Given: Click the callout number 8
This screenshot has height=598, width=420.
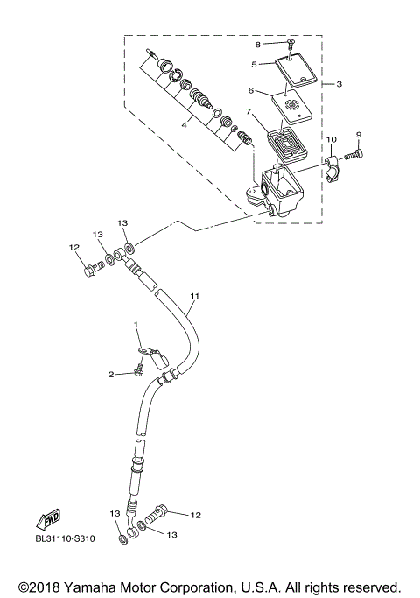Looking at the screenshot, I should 258,43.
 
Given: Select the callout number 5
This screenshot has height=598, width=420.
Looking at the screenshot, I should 254,64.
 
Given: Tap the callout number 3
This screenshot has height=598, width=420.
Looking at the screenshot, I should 339,84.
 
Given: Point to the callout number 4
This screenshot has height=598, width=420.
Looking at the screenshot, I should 184,125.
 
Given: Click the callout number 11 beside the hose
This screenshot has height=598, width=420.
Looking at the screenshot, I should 194,296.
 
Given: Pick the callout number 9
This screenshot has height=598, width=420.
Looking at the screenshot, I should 358,134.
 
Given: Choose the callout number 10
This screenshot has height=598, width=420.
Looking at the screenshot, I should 331,140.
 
